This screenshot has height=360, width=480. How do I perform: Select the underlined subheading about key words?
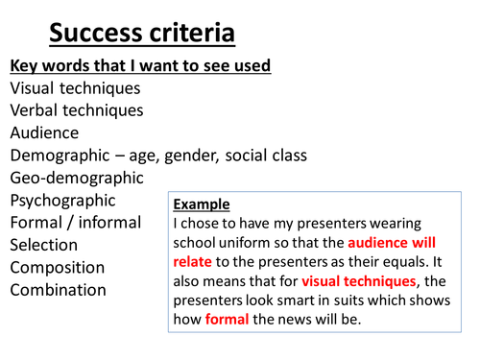140,65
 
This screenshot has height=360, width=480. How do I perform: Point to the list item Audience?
44,132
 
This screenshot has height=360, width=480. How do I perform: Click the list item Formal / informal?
75,223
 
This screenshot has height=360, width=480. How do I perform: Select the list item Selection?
44,245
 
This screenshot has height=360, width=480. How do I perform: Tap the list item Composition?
58,267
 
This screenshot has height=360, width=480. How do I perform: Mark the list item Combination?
59,289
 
